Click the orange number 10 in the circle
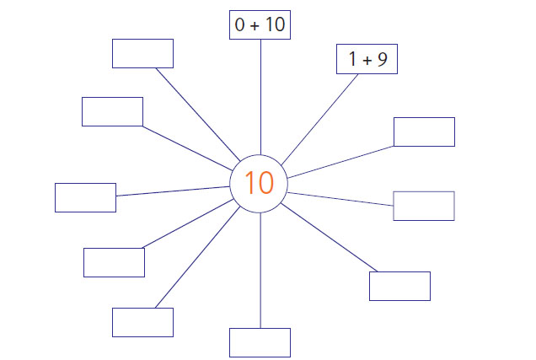[259, 183]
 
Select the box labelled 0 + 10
[260, 24]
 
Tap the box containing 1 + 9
[367, 59]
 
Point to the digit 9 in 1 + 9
[382, 59]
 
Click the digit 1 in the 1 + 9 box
[352, 58]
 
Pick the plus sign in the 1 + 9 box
[367, 61]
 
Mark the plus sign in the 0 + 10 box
[255, 26]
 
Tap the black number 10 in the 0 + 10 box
[276, 24]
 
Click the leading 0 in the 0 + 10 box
[240, 24]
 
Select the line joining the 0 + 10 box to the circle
[260, 97]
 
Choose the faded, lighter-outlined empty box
[424, 206]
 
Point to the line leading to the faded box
[340, 199]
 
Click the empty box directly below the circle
[260, 342]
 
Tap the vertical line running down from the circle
[260, 271]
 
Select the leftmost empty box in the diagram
[85, 197]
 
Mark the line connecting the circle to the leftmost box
[173, 191]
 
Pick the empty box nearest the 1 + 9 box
[424, 132]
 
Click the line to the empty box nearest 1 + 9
[340, 162]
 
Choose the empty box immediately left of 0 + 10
[143, 53]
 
